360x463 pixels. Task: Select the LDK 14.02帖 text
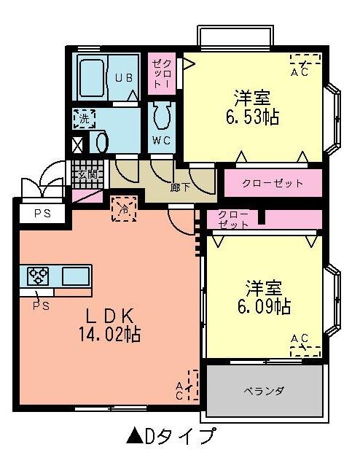(110, 326)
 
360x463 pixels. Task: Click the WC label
(161, 139)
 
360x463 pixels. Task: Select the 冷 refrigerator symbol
(123, 209)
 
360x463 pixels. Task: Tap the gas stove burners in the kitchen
(37, 276)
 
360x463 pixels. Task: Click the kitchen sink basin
(75, 276)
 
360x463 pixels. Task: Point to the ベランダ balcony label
(264, 391)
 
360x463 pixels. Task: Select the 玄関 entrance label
(87, 174)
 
